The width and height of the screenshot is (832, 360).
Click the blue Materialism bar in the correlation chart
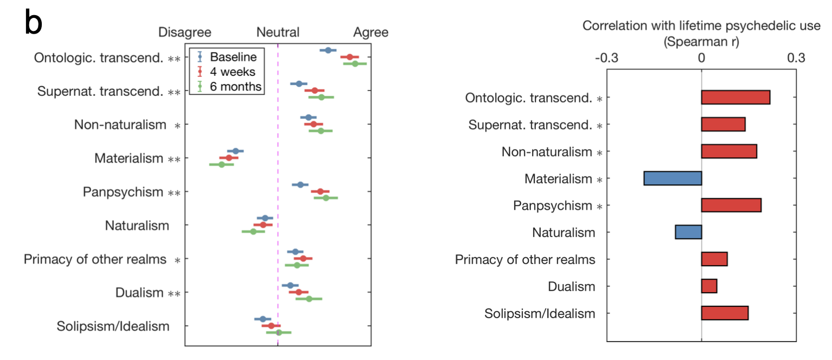(x=673, y=178)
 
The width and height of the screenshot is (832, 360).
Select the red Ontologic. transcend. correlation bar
(x=735, y=98)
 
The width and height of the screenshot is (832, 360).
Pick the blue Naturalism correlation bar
(x=688, y=232)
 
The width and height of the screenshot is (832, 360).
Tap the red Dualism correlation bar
(x=709, y=286)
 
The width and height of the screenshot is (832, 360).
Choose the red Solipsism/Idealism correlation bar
(x=725, y=313)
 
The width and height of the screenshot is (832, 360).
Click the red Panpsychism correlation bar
(x=731, y=205)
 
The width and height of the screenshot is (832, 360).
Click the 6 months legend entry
(x=235, y=86)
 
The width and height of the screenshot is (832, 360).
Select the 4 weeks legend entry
(x=233, y=72)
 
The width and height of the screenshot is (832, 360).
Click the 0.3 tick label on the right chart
(x=796, y=57)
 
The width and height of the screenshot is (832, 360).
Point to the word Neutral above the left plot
(x=278, y=33)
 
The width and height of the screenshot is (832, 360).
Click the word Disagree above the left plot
(x=184, y=33)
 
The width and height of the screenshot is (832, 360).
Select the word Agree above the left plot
(x=371, y=33)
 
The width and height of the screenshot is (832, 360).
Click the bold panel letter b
(x=33, y=23)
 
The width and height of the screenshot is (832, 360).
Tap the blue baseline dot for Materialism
(x=235, y=151)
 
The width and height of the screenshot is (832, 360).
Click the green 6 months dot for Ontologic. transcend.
(x=355, y=63)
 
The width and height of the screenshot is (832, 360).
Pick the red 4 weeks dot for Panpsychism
(x=320, y=191)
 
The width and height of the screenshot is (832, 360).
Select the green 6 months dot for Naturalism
(x=253, y=232)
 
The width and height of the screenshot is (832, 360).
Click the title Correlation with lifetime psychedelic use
(x=701, y=27)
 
